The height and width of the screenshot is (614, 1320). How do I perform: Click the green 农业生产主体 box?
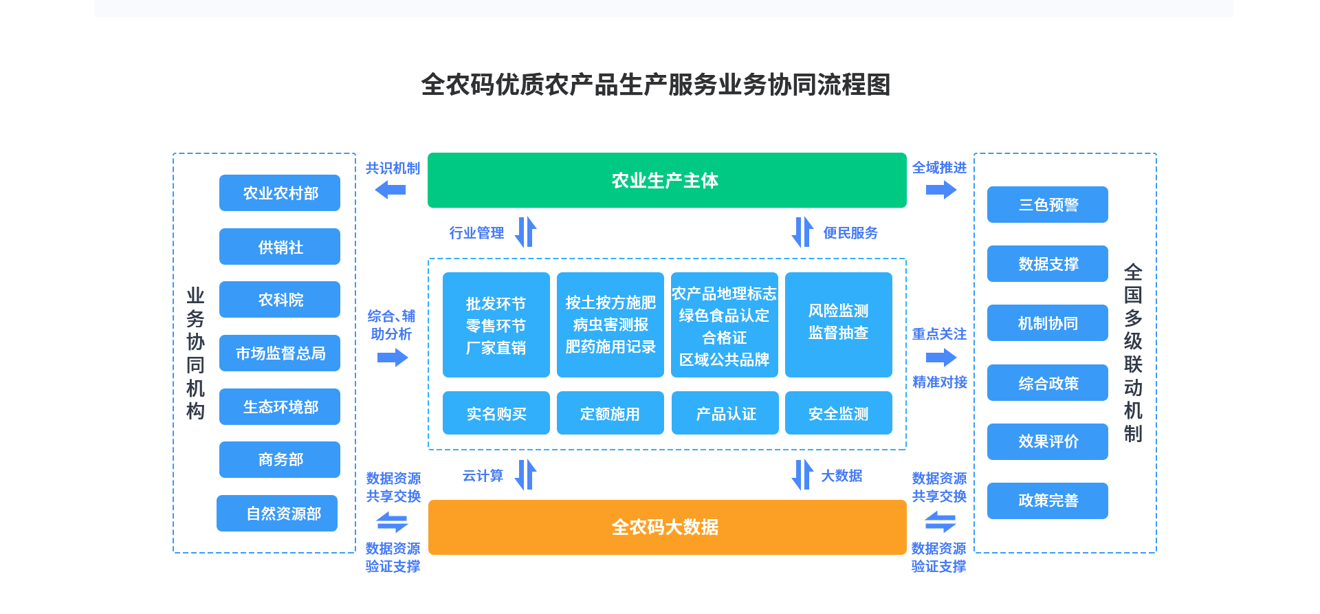pyautogui.click(x=666, y=180)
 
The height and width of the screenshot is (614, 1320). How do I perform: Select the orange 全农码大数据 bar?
pyautogui.click(x=666, y=527)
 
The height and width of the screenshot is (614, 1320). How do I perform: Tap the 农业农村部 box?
pyautogui.click(x=280, y=193)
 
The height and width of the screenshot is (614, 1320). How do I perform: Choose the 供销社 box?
pyautogui.click(x=280, y=247)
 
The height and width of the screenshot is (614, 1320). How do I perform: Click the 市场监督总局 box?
pyautogui.click(x=280, y=353)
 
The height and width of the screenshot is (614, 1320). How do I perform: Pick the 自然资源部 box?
pyautogui.click(x=277, y=514)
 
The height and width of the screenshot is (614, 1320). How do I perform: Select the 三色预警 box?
pyautogui.click(x=1047, y=205)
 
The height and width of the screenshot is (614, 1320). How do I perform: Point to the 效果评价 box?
pyautogui.click(x=1047, y=441)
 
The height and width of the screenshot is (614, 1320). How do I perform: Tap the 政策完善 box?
pyautogui.click(x=1047, y=501)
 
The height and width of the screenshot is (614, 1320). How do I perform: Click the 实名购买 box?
pyautogui.click(x=496, y=413)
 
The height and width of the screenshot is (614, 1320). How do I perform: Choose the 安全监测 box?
pyautogui.click(x=838, y=413)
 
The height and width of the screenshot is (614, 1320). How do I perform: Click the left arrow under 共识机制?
pyautogui.click(x=390, y=189)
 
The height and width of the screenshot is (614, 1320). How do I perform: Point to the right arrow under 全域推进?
pyautogui.click(x=941, y=189)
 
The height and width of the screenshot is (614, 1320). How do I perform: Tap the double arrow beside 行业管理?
pyautogui.click(x=526, y=232)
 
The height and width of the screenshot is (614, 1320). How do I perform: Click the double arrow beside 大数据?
pyautogui.click(x=802, y=474)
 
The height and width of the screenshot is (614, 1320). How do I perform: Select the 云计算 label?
pyautogui.click(x=483, y=476)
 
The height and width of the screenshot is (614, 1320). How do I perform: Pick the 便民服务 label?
pyautogui.click(x=850, y=233)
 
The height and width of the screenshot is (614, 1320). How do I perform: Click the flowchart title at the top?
pyautogui.click(x=656, y=85)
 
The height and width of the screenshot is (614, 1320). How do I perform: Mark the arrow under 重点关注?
pyautogui.click(x=941, y=358)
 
